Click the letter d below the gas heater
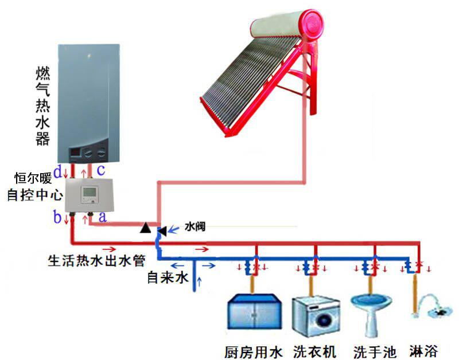(x=57, y=170)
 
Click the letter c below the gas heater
(x=100, y=170)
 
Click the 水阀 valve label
(x=195, y=227)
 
